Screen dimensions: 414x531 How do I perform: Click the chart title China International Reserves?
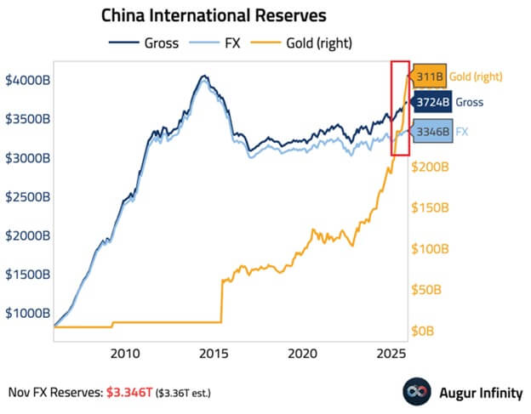214,15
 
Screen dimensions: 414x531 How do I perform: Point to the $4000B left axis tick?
29,80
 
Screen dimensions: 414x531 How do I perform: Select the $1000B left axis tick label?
29,314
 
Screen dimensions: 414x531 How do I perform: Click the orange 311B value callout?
426,77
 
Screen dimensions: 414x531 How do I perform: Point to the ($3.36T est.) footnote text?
181,394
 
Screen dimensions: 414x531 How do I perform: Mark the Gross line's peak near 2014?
203,77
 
